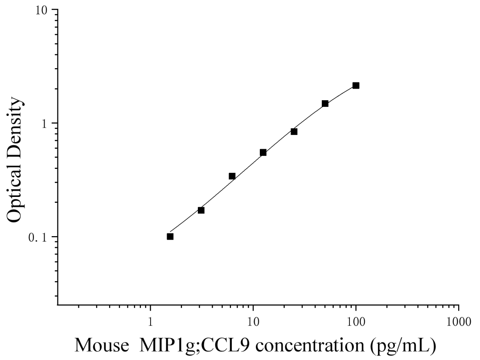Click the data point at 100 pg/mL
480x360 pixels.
click(x=356, y=86)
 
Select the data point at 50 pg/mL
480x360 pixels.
click(x=325, y=104)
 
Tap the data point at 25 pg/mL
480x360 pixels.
click(x=294, y=131)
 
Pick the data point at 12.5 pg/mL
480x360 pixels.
click(x=263, y=152)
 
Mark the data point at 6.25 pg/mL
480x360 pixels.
click(x=232, y=176)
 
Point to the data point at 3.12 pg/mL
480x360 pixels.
click(x=201, y=210)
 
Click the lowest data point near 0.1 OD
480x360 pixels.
click(x=170, y=237)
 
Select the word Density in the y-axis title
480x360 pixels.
click(x=15, y=130)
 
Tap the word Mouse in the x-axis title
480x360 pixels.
click(x=102, y=345)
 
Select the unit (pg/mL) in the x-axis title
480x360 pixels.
click(x=402, y=346)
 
